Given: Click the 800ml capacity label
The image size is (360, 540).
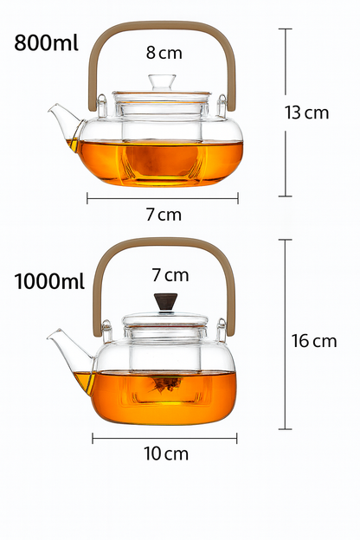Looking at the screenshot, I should [49, 44].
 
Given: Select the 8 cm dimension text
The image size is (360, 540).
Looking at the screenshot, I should [164, 53].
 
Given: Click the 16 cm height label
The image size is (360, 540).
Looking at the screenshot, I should [313, 341].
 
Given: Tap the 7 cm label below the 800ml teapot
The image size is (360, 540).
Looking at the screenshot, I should [163, 214].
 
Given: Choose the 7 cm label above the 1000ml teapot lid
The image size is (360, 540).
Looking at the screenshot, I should [170, 275].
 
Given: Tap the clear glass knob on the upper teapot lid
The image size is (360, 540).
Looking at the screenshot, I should [161, 82].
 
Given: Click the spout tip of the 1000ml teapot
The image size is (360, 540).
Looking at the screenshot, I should [50, 332].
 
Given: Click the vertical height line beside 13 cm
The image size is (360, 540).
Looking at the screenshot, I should [284, 112].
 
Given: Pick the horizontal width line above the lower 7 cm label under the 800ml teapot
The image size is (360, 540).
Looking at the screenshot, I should [162, 198].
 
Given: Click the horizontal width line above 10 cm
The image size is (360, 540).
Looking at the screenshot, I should [164, 438].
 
